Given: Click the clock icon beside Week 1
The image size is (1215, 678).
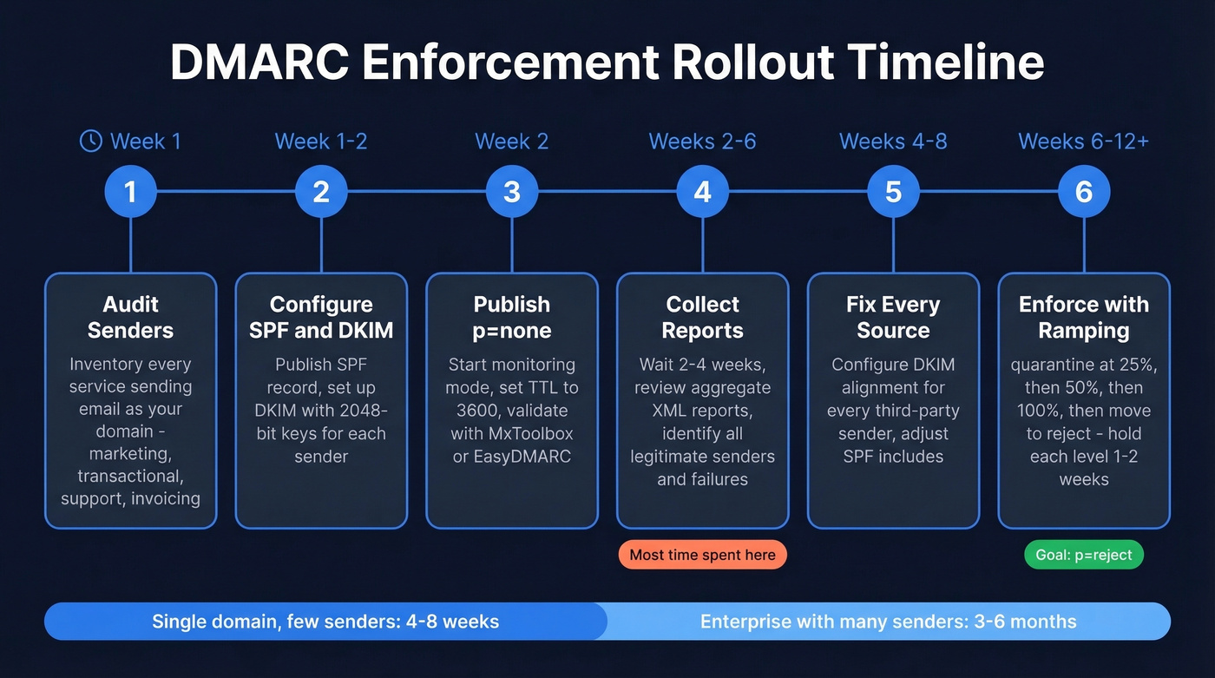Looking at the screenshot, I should [x=90, y=142].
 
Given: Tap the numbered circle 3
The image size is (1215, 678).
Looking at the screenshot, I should [x=512, y=192].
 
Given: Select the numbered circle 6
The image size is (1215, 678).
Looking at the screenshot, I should [x=1084, y=192].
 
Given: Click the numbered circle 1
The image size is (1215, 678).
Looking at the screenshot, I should [x=130, y=192].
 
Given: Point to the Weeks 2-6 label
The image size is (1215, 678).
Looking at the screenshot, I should [x=702, y=142].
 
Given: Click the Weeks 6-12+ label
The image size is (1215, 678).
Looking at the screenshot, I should [x=1083, y=142].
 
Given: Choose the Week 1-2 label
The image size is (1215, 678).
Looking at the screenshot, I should [x=321, y=142].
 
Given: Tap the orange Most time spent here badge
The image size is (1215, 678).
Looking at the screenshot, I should [x=702, y=556].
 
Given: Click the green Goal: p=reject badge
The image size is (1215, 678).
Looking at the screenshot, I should [x=1084, y=556].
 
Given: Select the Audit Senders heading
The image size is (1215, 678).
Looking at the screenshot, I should [x=130, y=317].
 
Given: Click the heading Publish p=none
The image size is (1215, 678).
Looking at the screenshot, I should [x=512, y=317].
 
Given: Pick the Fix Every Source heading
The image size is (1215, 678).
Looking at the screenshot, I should [x=893, y=317].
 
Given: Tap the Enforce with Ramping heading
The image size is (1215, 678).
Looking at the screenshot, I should [x=1084, y=317].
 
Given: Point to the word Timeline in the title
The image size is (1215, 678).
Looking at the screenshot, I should [x=945, y=63].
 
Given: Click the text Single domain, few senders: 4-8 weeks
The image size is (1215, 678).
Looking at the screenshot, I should [x=325, y=622].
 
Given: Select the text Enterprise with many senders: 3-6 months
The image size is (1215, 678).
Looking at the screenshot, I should [x=888, y=622].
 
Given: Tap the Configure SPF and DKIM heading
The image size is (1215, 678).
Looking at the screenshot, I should [x=321, y=317].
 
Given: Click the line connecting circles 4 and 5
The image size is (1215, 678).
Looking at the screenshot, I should [x=798, y=192].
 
